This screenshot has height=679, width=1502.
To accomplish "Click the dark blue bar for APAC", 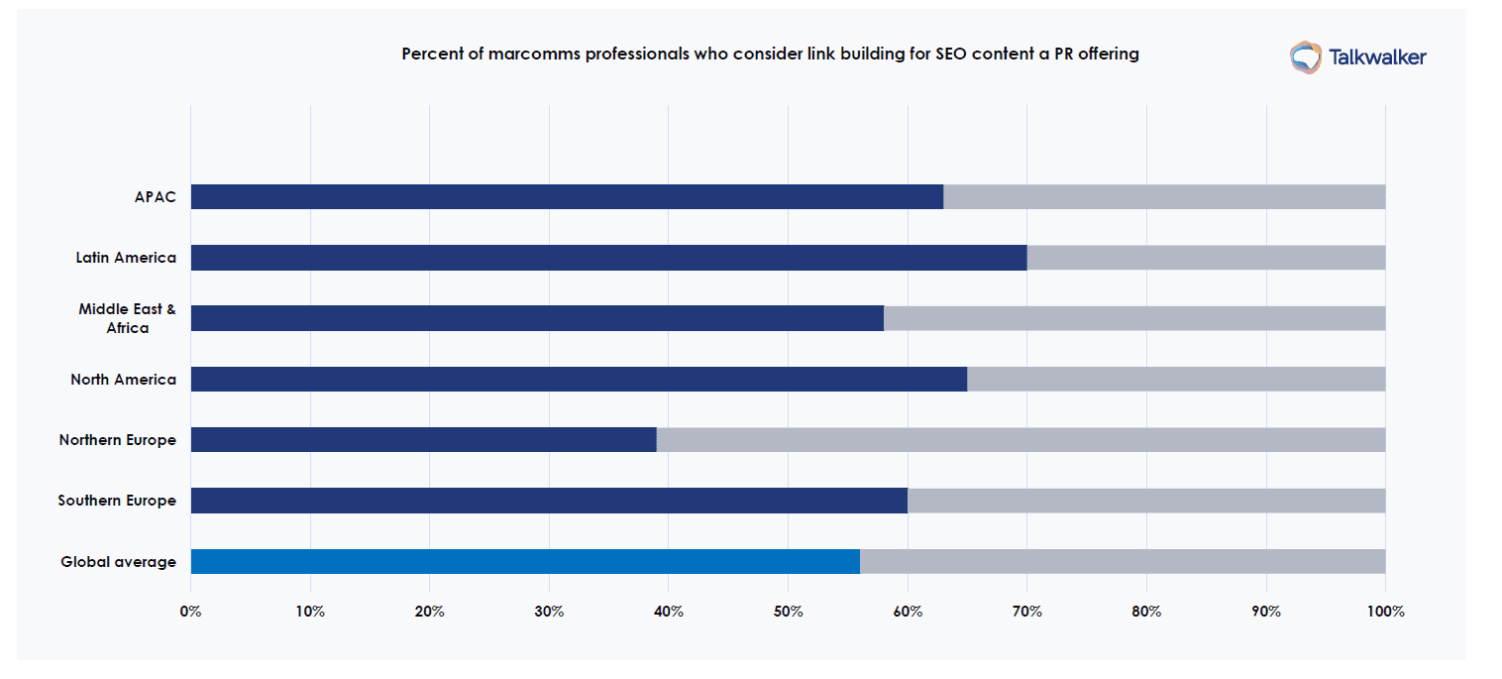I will click(567, 196).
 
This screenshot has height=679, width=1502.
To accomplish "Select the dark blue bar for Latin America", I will click(608, 258).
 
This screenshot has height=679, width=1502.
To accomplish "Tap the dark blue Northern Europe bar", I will click(423, 440).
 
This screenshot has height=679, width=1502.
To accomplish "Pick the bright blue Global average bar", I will click(525, 562).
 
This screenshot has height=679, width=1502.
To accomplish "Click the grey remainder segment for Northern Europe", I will click(1020, 440).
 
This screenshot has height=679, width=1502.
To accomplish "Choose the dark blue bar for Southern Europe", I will click(549, 501).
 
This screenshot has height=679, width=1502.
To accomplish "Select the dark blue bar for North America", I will click(579, 380).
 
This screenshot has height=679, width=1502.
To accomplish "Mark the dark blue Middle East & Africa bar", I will click(537, 318).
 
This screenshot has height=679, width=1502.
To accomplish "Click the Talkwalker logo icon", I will click(1305, 57).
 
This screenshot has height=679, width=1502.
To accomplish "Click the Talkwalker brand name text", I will click(1377, 57).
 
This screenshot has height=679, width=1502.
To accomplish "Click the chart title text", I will click(770, 55).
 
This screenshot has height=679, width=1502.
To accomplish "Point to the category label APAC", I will click(155, 196).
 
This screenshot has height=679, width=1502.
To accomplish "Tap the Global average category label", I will click(118, 562).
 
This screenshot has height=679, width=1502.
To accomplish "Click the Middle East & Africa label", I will click(128, 318).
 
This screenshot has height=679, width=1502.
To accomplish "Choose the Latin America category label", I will click(126, 258).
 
